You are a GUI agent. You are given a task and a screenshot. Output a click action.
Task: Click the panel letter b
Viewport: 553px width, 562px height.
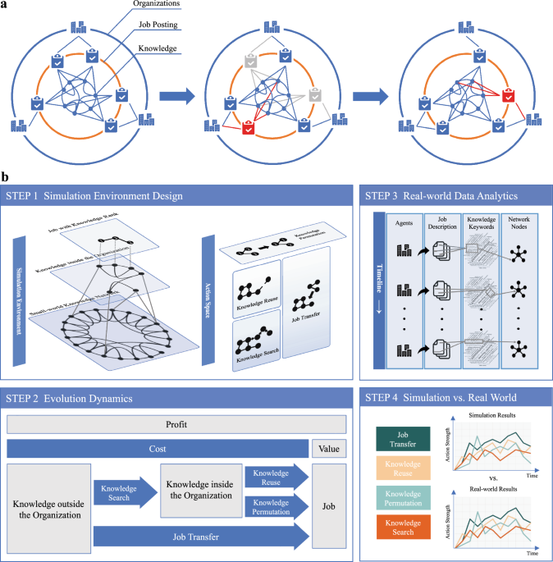click(6, 176)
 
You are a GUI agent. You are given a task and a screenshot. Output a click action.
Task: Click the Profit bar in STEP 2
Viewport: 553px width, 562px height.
click(176, 426)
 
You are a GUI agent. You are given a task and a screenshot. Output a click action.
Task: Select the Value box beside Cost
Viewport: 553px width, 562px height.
click(328, 449)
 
